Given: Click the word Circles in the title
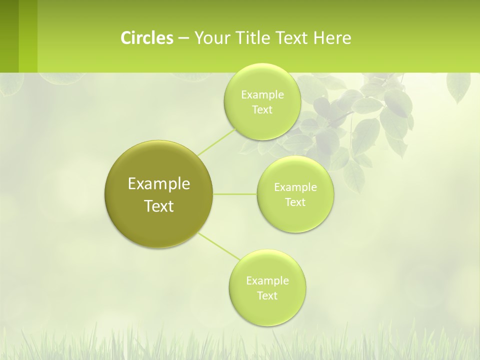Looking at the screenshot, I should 146,38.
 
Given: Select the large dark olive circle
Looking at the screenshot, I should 158,194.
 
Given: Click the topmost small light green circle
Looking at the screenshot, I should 262,101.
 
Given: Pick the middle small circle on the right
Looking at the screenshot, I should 295,194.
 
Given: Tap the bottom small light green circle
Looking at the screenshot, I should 267,287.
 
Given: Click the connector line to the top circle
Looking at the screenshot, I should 216,141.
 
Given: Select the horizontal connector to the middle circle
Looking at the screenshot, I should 235,194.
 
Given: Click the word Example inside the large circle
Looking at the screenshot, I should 159,183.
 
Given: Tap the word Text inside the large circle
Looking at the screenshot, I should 159,206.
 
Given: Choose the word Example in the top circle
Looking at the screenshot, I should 262,94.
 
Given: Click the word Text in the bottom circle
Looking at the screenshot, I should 267,295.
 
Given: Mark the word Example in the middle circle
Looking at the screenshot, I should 295,187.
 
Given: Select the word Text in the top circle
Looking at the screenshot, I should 262,109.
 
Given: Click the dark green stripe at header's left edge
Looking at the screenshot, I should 9,36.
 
